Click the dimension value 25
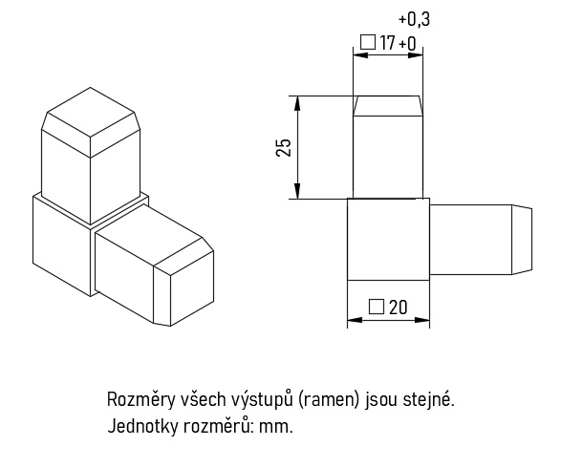pyautogui.click(x=284, y=147)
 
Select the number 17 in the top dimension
pyautogui.click(x=387, y=43)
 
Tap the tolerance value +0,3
pyautogui.click(x=414, y=19)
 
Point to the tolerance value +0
pyautogui.click(x=407, y=44)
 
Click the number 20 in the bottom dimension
pyautogui.click(x=398, y=308)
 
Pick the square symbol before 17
pyautogui.click(x=367, y=42)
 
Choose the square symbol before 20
pyautogui.click(x=377, y=307)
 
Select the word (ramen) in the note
pyautogui.click(x=328, y=400)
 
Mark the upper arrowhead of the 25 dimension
pyautogui.click(x=297, y=104)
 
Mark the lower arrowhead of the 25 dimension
pyautogui.click(x=297, y=191)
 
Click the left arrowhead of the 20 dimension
pyautogui.click(x=355, y=320)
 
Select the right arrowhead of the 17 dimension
pyautogui.click(x=416, y=55)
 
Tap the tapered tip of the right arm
pyautogui.click(x=522, y=240)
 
